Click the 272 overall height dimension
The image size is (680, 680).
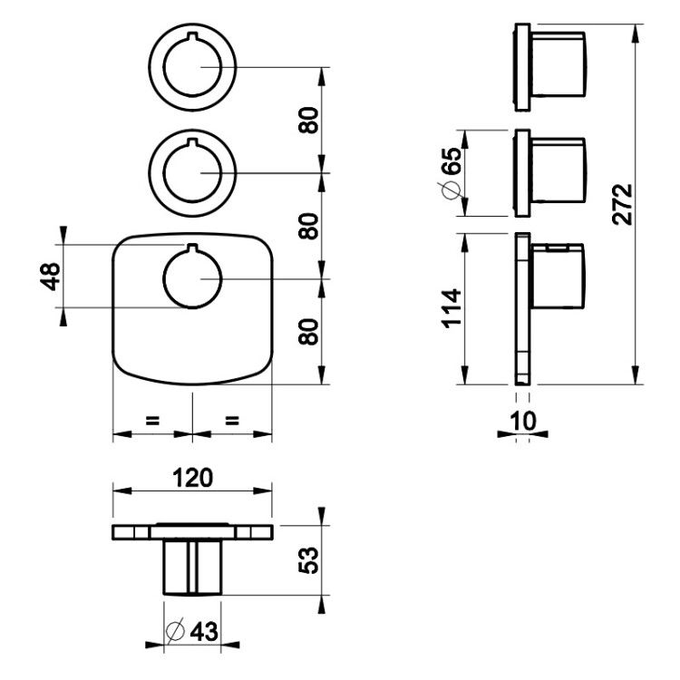pos(623,205)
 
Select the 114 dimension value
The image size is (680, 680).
pos(452,308)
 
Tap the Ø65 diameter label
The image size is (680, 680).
pos(452,173)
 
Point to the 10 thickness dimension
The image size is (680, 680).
pos(522,421)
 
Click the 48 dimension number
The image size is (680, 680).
pos(50,277)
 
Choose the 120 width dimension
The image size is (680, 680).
pos(192,478)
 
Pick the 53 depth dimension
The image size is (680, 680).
pos(309,560)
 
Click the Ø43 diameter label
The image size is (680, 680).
pos(191,631)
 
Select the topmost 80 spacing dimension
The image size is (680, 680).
pos(309,120)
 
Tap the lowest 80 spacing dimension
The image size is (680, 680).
pos(309,331)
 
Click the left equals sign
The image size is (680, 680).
pos(152,420)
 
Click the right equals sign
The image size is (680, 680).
pos(232,420)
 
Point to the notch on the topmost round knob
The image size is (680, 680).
pos(192,35)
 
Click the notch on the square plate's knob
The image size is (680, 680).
pos(192,248)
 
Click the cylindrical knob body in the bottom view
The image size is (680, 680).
pos(192,567)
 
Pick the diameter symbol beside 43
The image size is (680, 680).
pos(175,631)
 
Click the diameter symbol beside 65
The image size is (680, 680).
pos(452,190)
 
